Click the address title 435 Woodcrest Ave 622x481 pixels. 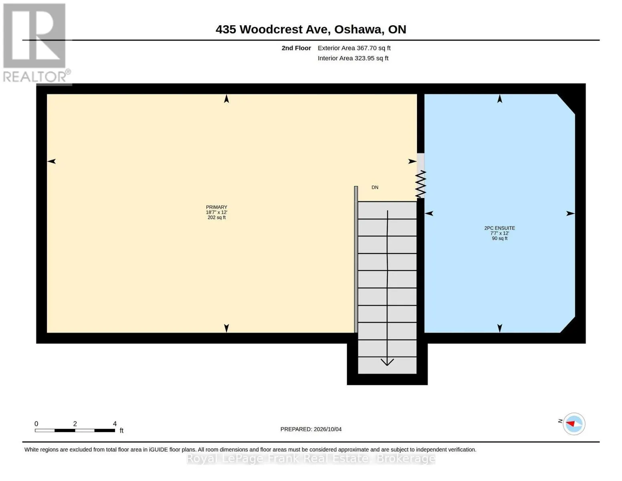click(273, 30)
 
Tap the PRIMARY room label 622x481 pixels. click(216, 207)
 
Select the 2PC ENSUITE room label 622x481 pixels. click(499, 228)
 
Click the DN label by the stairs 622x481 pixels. click(375, 187)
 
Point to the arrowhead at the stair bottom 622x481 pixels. click(387, 362)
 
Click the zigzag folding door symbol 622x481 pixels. click(421, 184)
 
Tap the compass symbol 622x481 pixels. click(574, 424)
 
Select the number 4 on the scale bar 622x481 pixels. click(115, 424)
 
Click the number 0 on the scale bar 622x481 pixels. click(36, 424)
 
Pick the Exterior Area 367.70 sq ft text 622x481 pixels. click(354, 48)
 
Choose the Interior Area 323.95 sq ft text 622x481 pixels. click(353, 58)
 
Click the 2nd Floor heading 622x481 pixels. click(296, 48)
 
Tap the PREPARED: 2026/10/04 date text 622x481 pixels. click(311, 429)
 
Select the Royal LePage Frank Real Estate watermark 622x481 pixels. click(311, 459)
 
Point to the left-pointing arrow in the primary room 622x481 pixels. click(51, 161)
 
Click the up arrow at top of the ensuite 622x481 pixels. click(500, 99)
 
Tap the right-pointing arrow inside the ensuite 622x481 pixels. click(570, 213)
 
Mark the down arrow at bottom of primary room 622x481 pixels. click(226, 328)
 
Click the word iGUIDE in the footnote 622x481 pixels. click(158, 450)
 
